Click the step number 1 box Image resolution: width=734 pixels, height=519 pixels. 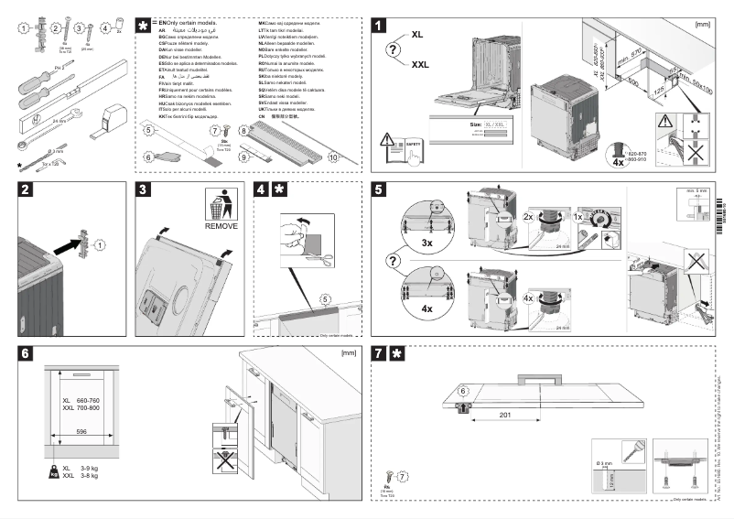(380, 25)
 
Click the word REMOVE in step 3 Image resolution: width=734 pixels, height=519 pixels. (221, 224)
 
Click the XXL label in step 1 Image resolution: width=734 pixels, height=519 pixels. (420, 65)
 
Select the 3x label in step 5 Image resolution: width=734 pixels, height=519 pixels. (427, 243)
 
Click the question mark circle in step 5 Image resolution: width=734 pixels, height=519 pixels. (394, 261)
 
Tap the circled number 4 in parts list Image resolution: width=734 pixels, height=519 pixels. (105, 28)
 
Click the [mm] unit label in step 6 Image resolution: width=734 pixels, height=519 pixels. (348, 352)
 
